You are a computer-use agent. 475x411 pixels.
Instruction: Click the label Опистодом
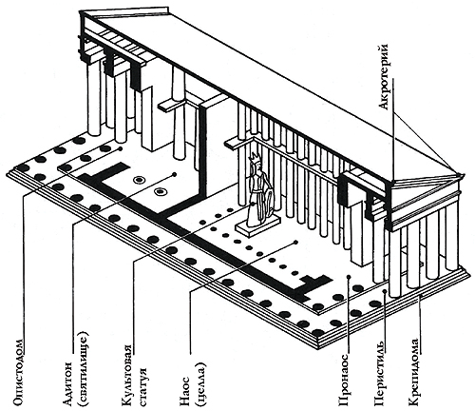click(18, 373)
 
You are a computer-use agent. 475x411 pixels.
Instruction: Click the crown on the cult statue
click(255, 157)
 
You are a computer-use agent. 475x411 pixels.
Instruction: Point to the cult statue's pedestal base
click(256, 225)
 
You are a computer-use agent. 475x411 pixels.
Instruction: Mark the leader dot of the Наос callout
click(295, 243)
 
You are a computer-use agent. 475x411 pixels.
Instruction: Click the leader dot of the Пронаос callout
click(349, 277)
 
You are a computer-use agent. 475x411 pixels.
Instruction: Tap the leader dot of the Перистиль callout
click(385, 291)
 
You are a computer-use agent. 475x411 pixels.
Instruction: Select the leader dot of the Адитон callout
click(174, 174)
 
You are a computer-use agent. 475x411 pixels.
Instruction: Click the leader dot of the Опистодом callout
click(120, 148)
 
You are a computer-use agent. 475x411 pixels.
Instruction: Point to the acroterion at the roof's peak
click(458, 175)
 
